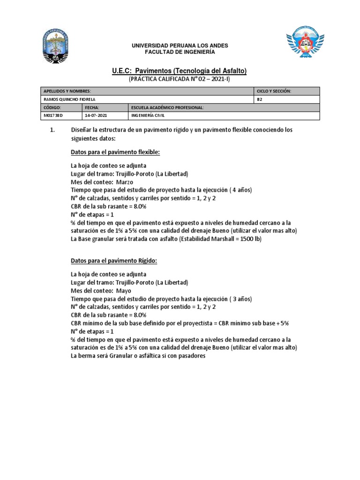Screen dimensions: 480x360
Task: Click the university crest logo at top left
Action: [55, 46]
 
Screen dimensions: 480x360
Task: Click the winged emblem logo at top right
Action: [305, 45]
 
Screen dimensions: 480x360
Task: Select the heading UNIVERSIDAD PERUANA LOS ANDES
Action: [180, 45]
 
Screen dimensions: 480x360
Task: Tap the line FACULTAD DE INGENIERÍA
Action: [180, 52]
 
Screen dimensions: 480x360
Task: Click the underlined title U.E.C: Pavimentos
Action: [180, 71]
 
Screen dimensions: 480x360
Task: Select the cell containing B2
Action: [260, 99]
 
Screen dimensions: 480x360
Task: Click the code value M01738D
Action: [53, 115]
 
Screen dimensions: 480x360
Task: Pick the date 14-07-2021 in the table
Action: [96, 115]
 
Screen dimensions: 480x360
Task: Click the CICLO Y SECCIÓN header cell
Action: [274, 91]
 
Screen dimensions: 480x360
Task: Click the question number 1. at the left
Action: [52, 130]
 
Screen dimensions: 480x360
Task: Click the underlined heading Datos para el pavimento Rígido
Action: [114, 261]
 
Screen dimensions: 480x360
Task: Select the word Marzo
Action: [124, 182]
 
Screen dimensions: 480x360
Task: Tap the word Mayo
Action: [123, 291]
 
